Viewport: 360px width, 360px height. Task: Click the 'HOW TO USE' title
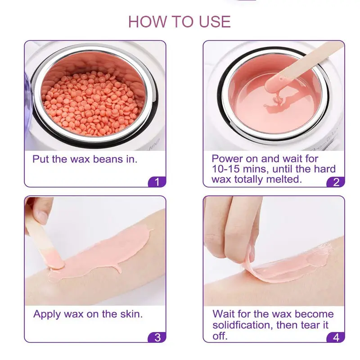tap(179, 22)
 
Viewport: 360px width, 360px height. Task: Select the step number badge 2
tap(336, 182)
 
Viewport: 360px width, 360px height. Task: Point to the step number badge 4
tap(336, 337)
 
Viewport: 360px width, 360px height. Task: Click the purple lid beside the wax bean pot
tap(28, 108)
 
